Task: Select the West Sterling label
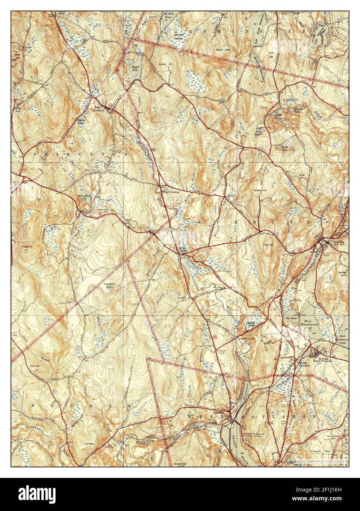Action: click(171, 192)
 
